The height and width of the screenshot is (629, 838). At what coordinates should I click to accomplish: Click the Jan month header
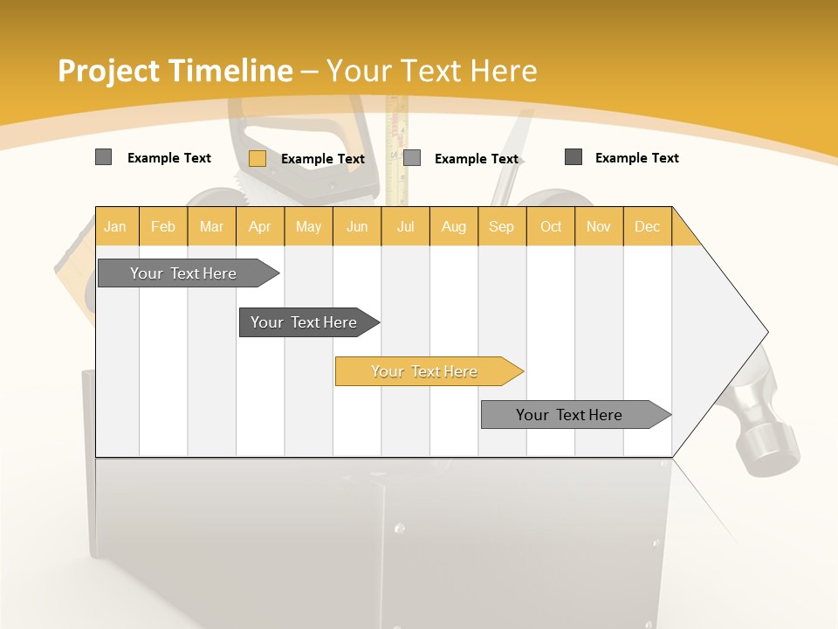[115, 227]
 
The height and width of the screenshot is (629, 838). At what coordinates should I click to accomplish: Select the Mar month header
[211, 227]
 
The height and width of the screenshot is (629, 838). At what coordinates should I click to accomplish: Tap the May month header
[308, 227]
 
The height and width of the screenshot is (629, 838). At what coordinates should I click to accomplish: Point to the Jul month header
[405, 227]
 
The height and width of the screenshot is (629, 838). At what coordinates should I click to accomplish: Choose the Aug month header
[454, 227]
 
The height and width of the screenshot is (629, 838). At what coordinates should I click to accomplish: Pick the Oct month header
[551, 227]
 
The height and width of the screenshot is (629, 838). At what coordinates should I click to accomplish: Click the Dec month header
[647, 227]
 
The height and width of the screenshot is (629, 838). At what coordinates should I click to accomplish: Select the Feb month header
[163, 227]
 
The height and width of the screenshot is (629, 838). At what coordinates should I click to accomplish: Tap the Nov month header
[599, 227]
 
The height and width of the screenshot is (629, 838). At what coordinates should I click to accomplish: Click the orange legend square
[258, 158]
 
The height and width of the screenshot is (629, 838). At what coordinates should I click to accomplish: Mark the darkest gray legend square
[574, 157]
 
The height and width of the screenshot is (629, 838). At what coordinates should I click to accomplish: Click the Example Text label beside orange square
[323, 159]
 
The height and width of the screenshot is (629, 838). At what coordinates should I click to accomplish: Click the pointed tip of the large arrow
[766, 332]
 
